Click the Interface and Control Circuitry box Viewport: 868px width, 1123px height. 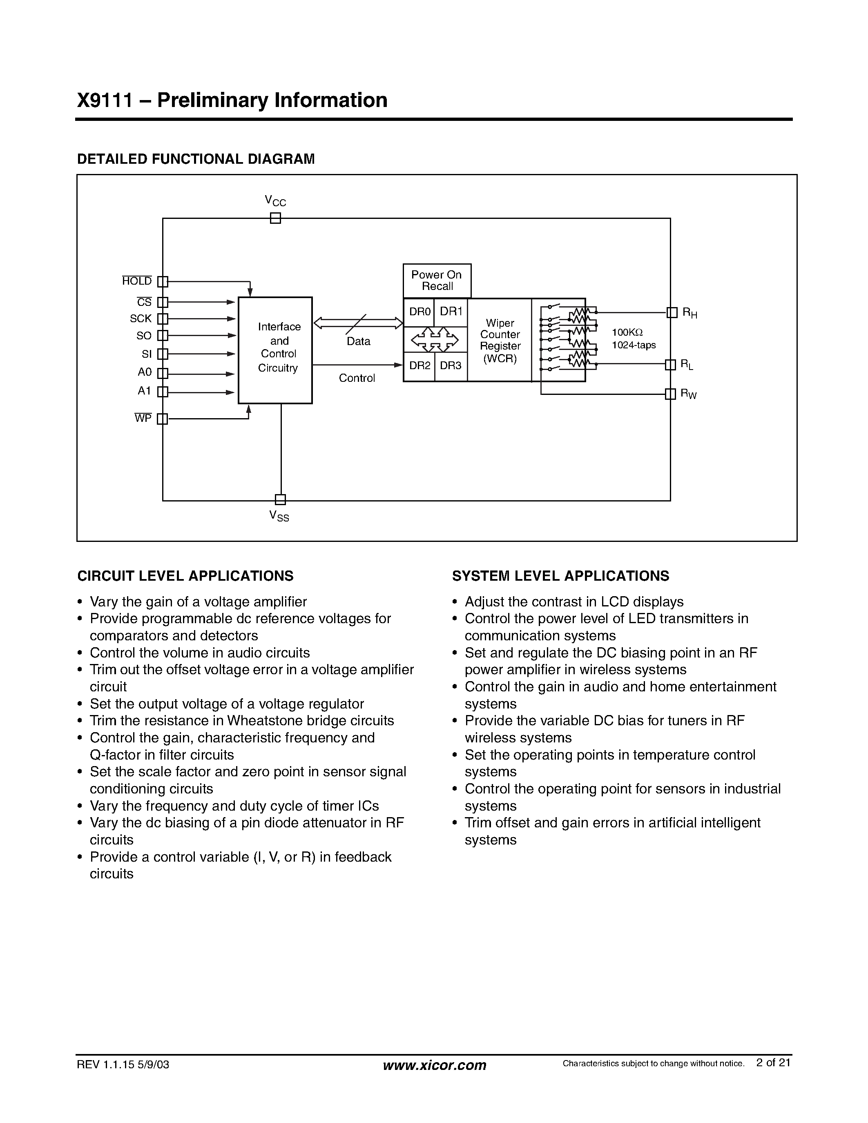point(275,350)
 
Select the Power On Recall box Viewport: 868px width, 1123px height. point(437,281)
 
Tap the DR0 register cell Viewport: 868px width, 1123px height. point(419,312)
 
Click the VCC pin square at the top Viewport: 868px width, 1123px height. point(276,218)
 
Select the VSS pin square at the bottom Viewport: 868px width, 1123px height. point(280,499)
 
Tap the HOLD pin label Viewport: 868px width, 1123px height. point(137,281)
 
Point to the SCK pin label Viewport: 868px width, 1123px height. point(141,319)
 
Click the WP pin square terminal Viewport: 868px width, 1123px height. point(163,419)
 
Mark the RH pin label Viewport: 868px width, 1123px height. point(689,313)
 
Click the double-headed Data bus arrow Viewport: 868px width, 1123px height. point(358,323)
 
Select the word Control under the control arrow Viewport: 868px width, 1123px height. point(357,379)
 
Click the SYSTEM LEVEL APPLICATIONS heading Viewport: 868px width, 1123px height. point(560,576)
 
